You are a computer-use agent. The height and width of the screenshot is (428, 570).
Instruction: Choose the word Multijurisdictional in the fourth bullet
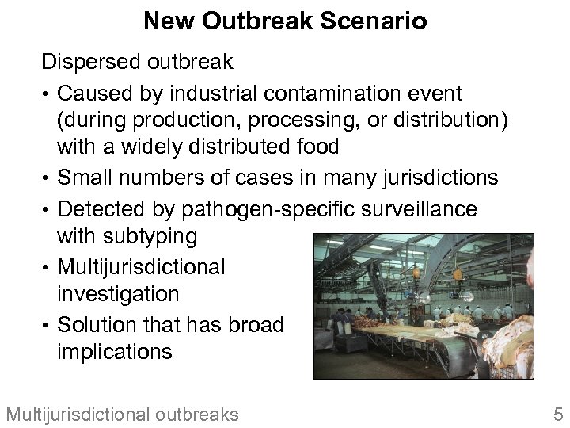coord(141,266)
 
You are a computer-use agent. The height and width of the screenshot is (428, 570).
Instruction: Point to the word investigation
coord(118,294)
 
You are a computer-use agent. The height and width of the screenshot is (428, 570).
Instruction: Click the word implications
coord(114,351)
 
